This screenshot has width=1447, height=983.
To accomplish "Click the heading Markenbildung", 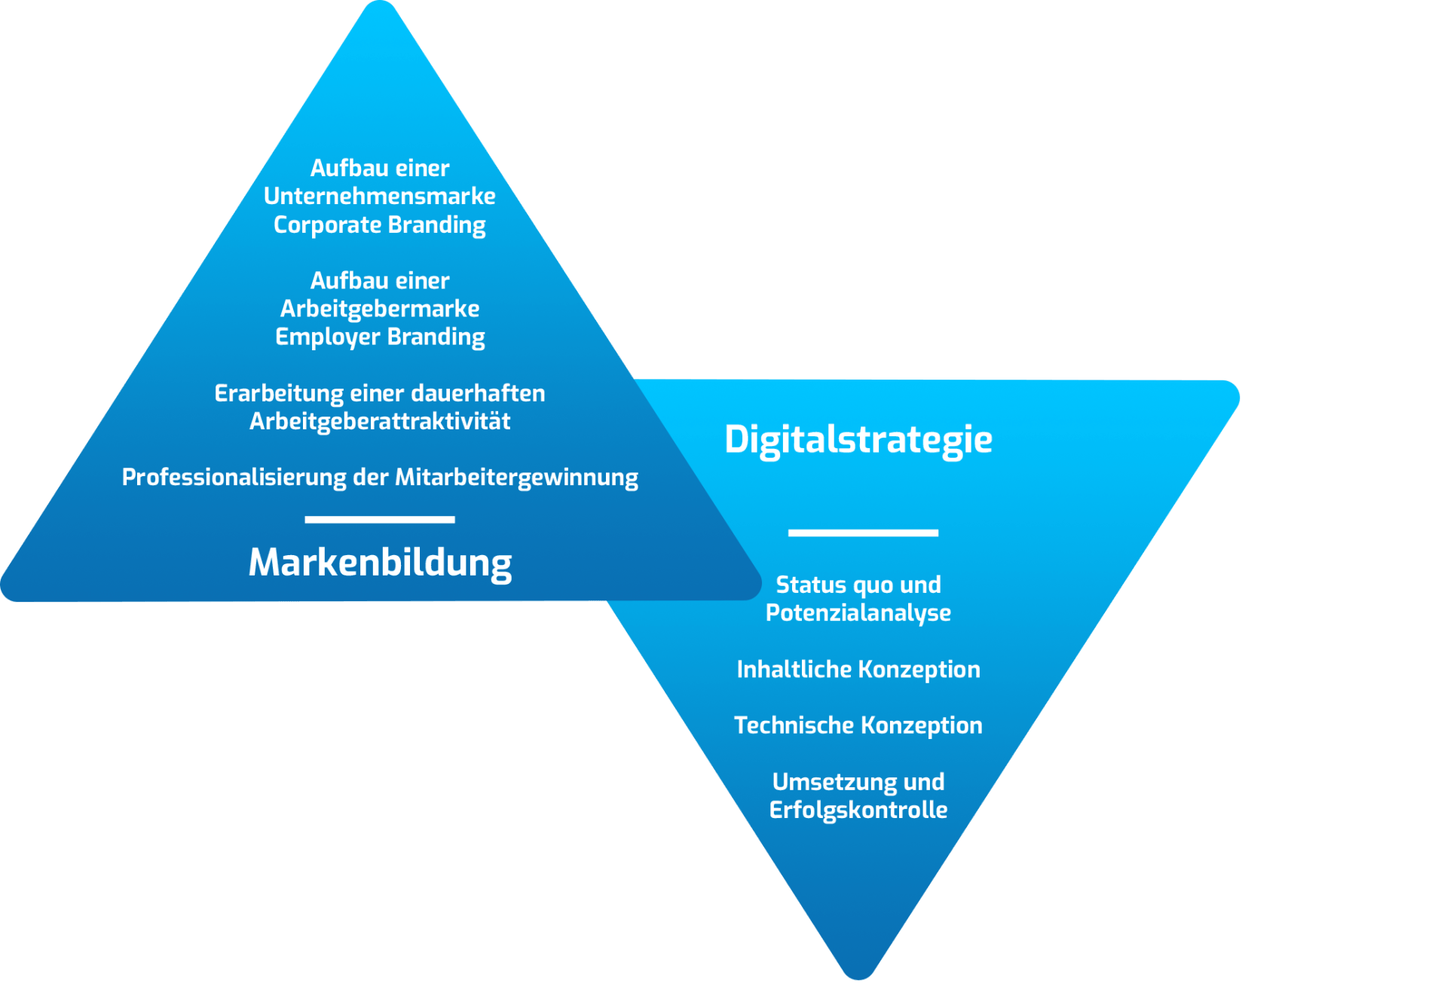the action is [x=380, y=563].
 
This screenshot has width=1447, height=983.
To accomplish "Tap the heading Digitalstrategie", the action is [x=858, y=440].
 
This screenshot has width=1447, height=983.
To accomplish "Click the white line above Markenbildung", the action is [x=380, y=520].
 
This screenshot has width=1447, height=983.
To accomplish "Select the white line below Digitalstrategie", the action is [x=863, y=533].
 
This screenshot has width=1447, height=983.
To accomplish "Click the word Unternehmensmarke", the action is [x=380, y=196].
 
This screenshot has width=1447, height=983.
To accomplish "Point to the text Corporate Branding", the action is [x=380, y=225].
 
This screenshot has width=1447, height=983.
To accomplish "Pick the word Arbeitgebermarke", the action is [x=380, y=309].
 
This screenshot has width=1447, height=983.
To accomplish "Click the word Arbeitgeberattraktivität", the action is [x=380, y=421].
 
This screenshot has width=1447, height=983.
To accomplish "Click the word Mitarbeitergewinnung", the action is [x=516, y=478].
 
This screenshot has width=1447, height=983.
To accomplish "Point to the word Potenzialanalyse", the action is [x=858, y=613].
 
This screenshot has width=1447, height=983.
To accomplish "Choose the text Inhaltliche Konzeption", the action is [x=858, y=670].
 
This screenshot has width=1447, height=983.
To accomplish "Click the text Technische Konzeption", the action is [x=858, y=725].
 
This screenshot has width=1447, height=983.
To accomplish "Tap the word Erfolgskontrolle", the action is [x=858, y=810].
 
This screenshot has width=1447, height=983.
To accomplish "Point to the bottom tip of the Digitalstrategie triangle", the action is [x=858, y=978].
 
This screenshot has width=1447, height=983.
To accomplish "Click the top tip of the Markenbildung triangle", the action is [x=380, y=2].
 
